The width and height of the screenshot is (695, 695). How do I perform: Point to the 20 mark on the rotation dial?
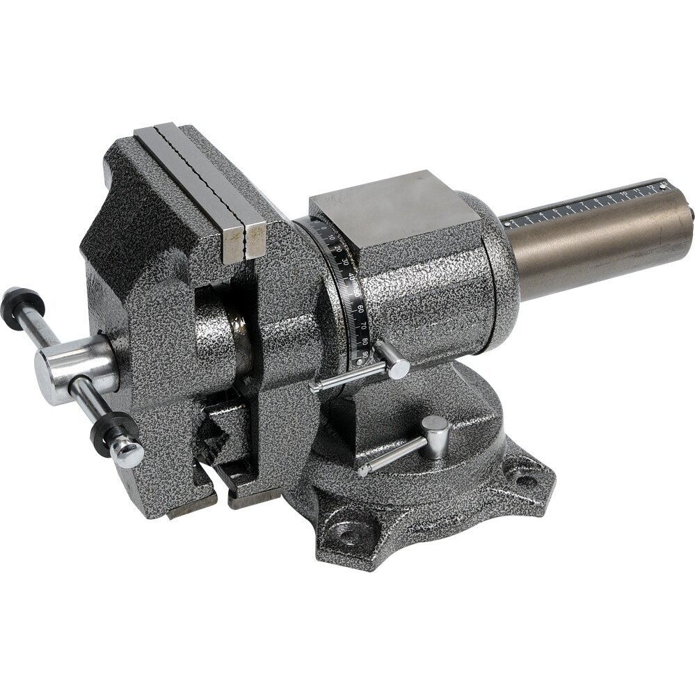tap(339, 247)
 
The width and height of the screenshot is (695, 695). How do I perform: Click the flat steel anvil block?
tap(376, 209)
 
